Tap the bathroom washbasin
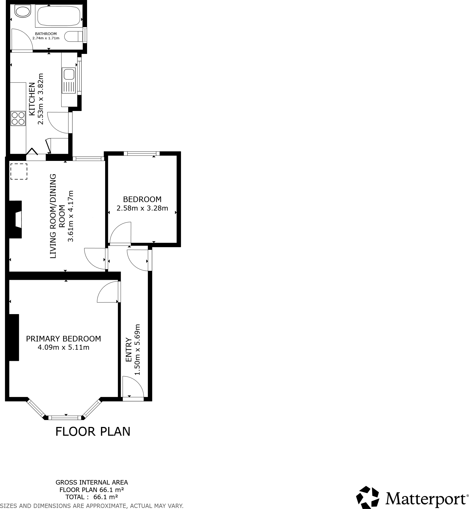[22, 12]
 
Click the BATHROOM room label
[46, 34]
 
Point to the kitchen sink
[68, 74]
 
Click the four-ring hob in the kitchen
[18, 118]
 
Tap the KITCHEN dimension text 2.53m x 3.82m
[41, 99]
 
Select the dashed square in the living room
[19, 172]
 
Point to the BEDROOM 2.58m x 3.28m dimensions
[142, 208]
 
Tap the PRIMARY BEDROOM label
[63, 339]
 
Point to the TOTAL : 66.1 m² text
[92, 497]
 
